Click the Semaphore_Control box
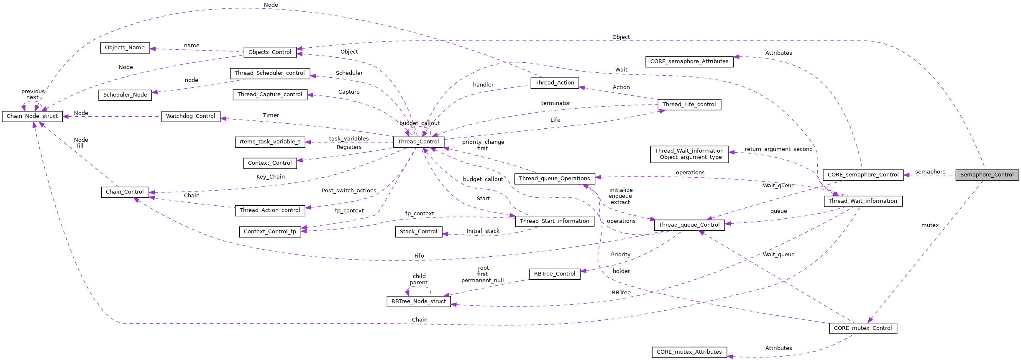pos(987,175)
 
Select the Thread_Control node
pos(418,142)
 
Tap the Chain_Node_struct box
pos(32,116)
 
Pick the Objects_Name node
pos(125,48)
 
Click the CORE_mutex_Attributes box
pos(689,352)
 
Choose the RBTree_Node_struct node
pos(418,301)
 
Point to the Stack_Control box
pos(418,232)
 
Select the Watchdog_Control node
pos(190,116)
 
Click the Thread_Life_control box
pos(689,105)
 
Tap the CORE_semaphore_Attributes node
pos(689,61)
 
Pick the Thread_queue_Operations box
pos(554,179)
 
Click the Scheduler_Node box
pos(125,95)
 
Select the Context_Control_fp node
pos(270,232)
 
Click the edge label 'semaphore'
pos(930,172)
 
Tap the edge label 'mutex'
pos(930,225)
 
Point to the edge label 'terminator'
pos(555,103)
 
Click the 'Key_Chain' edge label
pos(270,177)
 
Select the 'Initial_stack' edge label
pos(483,231)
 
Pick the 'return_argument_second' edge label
pos(778,149)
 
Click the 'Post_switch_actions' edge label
pos(348,191)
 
